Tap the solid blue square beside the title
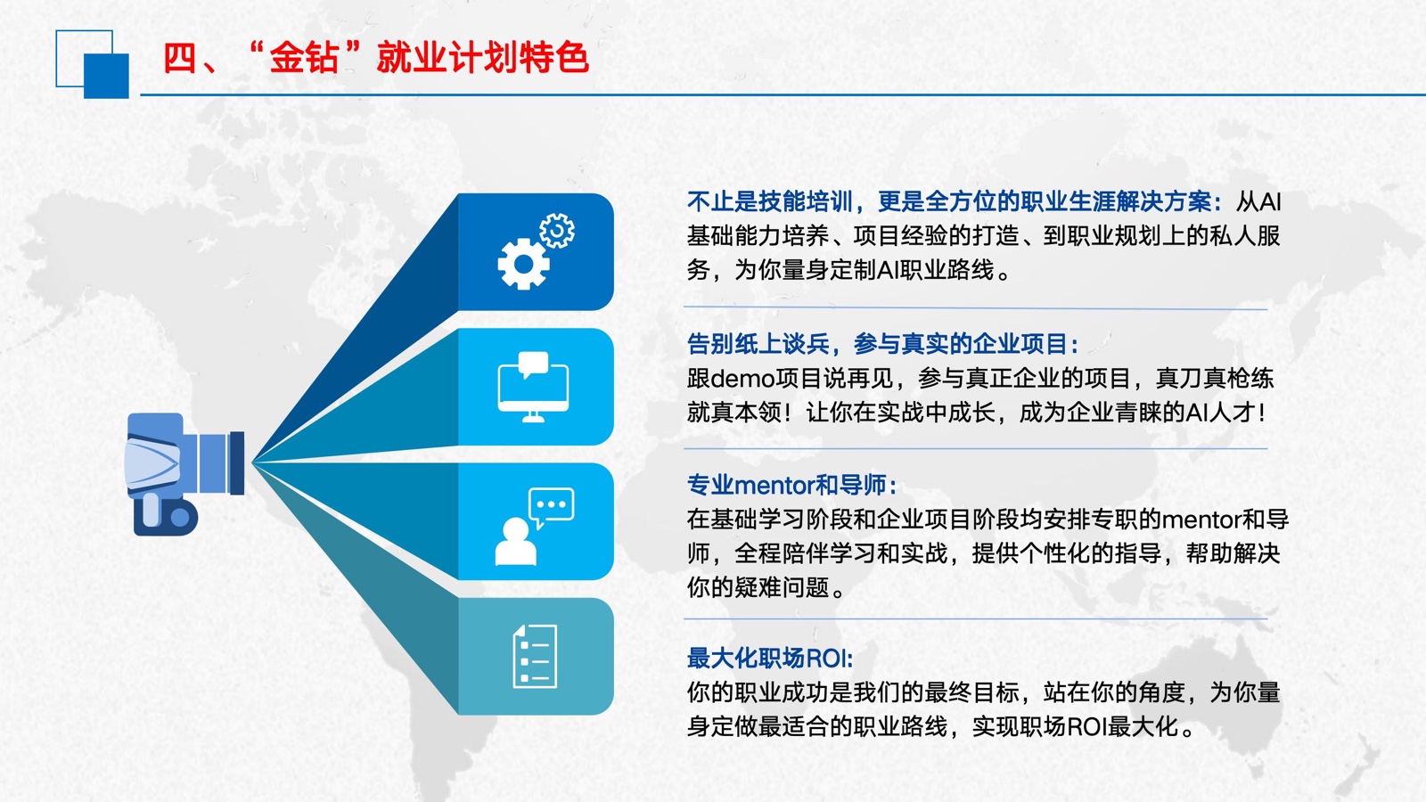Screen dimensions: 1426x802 coord(106,76)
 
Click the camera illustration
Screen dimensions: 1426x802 coord(185,474)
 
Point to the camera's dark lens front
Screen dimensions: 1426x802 coord(237,462)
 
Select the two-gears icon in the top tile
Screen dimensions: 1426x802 coord(536,251)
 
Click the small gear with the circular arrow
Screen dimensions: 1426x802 coord(556,231)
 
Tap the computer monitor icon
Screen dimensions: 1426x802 coord(533,387)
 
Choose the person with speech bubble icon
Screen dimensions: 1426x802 coord(535,527)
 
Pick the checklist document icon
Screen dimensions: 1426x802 coord(535,656)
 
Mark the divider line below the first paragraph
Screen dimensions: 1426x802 coord(975,308)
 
